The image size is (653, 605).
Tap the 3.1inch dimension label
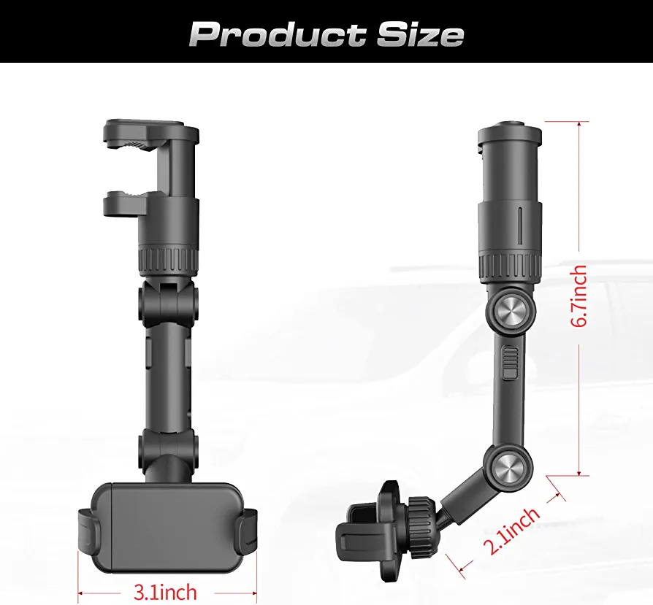tap(165, 592)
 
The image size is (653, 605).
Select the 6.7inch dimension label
tap(579, 296)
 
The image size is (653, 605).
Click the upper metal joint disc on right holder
tap(510, 311)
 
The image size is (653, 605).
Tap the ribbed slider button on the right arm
tap(510, 363)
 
